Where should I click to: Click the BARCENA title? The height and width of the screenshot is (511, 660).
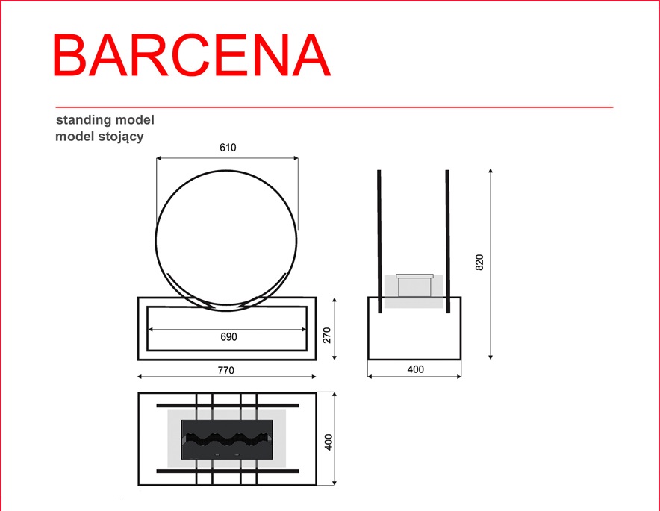(192, 55)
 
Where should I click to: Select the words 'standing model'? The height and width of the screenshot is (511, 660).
(105, 120)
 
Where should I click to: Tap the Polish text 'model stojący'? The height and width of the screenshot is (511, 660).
(100, 137)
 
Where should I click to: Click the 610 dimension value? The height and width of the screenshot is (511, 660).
(228, 148)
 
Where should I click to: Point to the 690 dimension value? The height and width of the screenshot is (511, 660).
(228, 337)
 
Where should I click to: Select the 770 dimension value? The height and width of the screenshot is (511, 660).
(226, 370)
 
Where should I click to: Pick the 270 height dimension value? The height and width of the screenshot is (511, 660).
(327, 335)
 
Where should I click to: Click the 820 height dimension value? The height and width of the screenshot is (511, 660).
(479, 263)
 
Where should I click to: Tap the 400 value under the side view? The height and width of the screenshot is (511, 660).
(415, 369)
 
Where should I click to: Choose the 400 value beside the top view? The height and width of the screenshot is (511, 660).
(329, 442)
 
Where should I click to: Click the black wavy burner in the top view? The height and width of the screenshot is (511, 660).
(227, 439)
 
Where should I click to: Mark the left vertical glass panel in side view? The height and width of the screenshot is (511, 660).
(380, 242)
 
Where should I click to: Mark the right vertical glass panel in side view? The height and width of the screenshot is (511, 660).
(448, 242)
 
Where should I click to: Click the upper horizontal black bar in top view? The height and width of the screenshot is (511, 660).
(228, 405)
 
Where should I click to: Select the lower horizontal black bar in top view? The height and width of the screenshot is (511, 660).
(228, 471)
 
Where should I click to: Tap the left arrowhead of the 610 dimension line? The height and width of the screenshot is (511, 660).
(158, 158)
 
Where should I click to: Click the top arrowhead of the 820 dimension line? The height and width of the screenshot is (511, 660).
(491, 171)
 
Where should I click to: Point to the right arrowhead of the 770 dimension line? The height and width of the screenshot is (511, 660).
(314, 377)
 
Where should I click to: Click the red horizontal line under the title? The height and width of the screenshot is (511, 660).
(334, 107)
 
